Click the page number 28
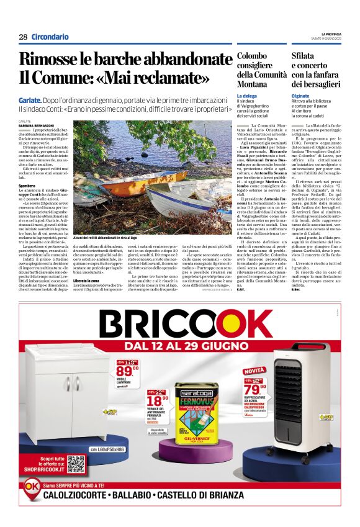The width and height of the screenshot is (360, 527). (23, 37)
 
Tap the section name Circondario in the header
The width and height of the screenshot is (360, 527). (50, 37)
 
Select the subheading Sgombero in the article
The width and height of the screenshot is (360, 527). (27, 185)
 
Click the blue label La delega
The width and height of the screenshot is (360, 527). (247, 96)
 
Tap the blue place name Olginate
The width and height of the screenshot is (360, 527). (301, 96)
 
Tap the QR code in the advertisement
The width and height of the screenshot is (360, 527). (76, 464)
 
